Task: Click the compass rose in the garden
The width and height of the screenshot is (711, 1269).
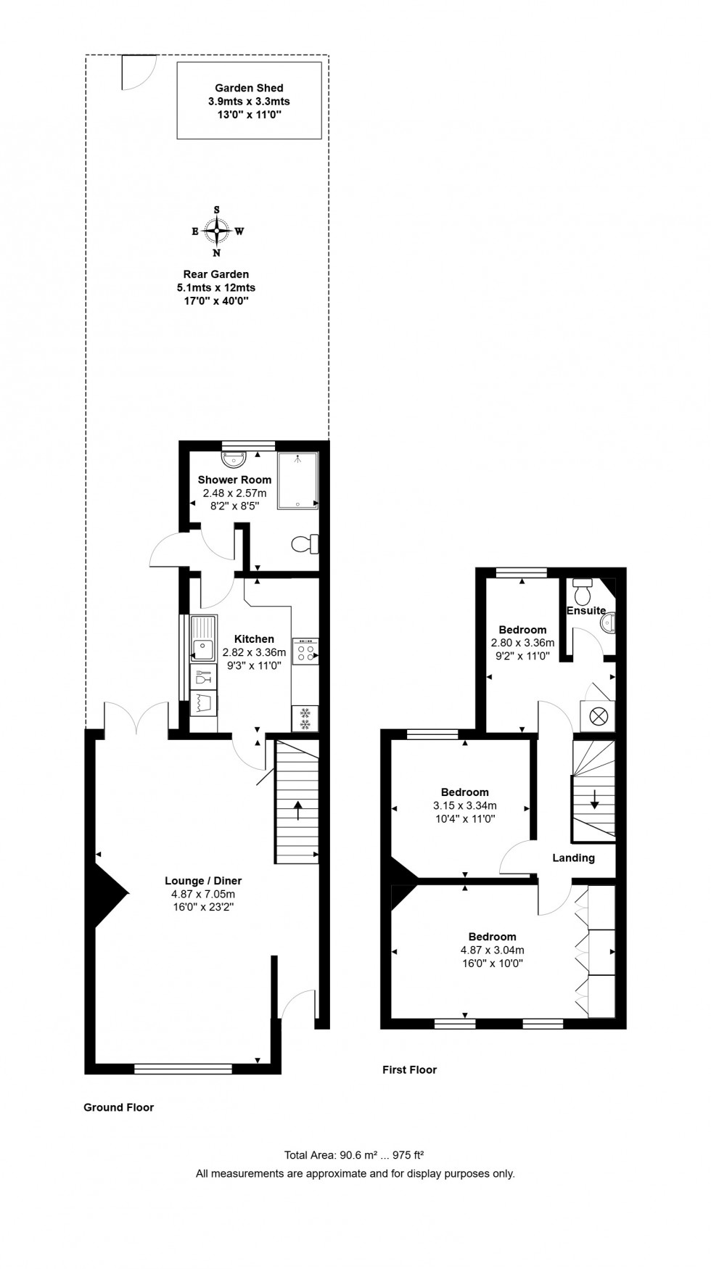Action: pyautogui.click(x=216, y=232)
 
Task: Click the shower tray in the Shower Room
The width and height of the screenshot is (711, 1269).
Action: pyautogui.click(x=298, y=480)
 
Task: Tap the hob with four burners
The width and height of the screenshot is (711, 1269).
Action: pyautogui.click(x=305, y=652)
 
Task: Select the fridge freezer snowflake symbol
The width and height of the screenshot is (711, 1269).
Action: pyautogui.click(x=305, y=718)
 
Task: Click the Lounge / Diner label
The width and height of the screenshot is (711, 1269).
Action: pyautogui.click(x=203, y=881)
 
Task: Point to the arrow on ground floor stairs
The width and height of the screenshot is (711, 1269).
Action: pyautogui.click(x=297, y=809)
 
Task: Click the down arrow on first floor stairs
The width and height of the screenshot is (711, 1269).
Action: pyautogui.click(x=594, y=800)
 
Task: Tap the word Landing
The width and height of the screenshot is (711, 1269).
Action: pyautogui.click(x=573, y=858)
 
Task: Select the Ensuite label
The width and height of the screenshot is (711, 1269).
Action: pyautogui.click(x=585, y=610)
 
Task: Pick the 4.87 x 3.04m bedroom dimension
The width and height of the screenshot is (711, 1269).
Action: pyautogui.click(x=492, y=950)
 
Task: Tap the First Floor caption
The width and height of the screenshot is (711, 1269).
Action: pyautogui.click(x=409, y=1069)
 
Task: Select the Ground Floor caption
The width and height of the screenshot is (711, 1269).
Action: pyautogui.click(x=118, y=1107)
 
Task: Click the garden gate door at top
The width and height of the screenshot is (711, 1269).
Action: pyautogui.click(x=138, y=71)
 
